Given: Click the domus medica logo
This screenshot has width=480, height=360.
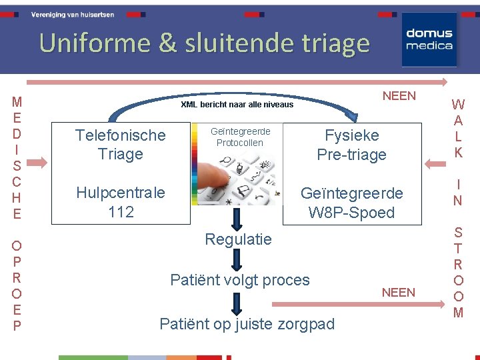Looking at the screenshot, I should [429, 39].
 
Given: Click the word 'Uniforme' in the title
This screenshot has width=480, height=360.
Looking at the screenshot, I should [95, 43].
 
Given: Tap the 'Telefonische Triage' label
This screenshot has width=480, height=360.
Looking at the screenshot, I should [120, 145].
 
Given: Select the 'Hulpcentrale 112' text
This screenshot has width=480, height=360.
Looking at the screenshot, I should [120, 203].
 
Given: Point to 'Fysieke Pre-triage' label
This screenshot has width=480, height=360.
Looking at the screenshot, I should [351, 145].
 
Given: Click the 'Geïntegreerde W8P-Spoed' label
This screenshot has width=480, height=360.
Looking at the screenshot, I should [351, 203].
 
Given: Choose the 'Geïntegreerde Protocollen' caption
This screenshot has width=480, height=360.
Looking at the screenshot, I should [240, 137].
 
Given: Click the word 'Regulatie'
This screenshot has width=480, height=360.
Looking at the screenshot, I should [238, 239].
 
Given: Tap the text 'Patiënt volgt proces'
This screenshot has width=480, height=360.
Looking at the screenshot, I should [240, 279].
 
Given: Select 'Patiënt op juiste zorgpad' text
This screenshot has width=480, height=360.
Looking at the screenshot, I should [247, 324].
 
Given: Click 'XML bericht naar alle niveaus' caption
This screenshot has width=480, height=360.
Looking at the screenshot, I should [237, 104].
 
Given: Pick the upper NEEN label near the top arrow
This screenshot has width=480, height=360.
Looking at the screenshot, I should [399, 95].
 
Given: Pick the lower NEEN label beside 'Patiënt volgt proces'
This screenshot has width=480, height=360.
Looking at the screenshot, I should [398, 292].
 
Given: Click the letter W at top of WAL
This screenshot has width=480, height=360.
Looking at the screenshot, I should [458, 105].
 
